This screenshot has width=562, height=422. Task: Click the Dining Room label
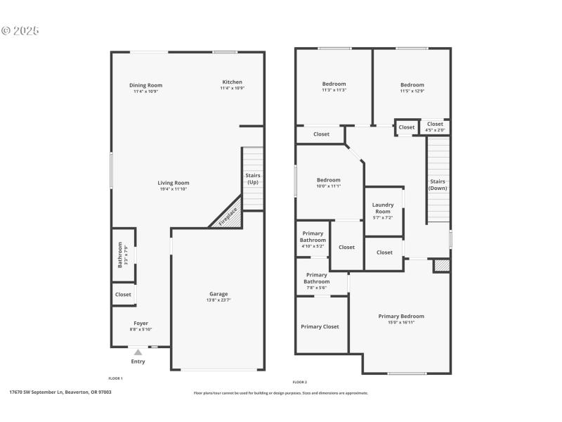coord(146,85)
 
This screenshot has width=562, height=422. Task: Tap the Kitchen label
coord(232,82)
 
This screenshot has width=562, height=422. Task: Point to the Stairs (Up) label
coord(253,179)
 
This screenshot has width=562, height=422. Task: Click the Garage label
coord(218,294)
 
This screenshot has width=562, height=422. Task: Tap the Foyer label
coord(141,324)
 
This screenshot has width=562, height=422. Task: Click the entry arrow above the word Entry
coord(138,352)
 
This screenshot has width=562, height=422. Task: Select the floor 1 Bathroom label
coord(119,255)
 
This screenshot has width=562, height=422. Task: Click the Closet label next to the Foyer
coord(123,295)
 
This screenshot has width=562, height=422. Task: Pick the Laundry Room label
coord(383,208)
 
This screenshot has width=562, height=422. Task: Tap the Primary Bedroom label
coord(401,316)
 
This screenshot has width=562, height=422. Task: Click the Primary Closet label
coord(320,326)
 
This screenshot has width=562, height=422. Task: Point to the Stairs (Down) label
coord(438,184)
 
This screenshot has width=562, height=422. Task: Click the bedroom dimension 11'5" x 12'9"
coord(412,91)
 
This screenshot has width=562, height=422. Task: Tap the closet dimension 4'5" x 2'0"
coord(435,129)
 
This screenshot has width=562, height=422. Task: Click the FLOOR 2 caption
coord(300,382)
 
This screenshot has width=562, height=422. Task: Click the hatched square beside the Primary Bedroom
coord(441,266)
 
